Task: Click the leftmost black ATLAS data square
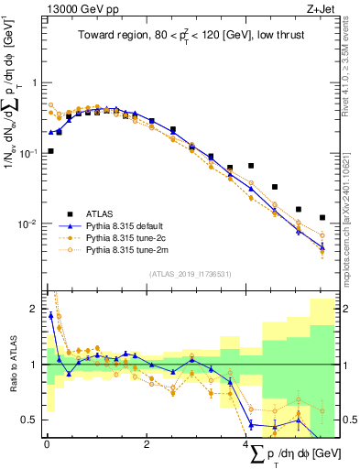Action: (x=50, y=151)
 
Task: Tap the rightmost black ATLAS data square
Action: (x=322, y=218)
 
